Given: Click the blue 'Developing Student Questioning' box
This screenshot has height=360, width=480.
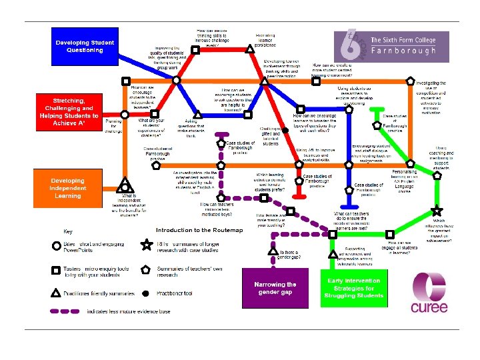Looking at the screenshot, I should tap(85, 45).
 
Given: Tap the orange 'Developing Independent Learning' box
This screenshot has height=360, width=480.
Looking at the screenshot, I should tap(68, 187).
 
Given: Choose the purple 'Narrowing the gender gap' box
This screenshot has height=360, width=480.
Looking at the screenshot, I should tap(275, 288).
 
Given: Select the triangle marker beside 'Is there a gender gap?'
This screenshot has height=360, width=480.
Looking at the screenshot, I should tap(273, 252).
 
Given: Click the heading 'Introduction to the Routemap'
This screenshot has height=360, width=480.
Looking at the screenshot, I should tap(191, 230).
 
